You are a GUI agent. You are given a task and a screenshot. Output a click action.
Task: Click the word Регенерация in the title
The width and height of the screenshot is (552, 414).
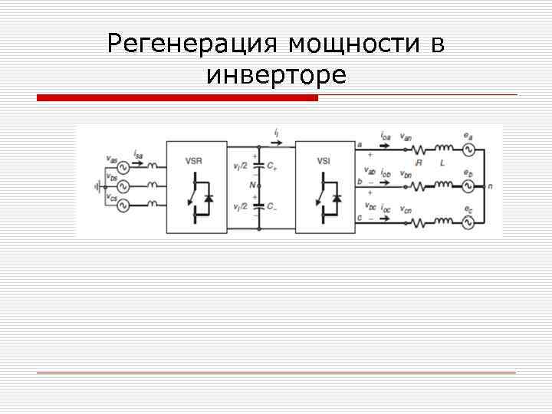(x=194, y=44)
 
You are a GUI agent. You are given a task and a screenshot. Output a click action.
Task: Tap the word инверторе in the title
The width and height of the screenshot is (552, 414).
(x=276, y=75)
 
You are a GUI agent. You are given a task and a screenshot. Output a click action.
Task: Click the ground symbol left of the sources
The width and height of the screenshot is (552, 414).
(x=97, y=185)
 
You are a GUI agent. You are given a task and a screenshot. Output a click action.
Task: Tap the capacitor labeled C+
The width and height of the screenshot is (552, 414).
(x=260, y=165)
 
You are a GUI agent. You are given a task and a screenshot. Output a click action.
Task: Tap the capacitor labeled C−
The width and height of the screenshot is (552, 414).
(x=260, y=206)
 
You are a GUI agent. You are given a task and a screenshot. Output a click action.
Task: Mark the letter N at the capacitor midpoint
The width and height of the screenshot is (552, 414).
(x=251, y=185)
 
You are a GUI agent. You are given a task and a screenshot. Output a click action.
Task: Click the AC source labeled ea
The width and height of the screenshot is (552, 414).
(x=466, y=148)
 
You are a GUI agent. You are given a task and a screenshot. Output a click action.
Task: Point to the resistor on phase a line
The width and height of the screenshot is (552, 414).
(x=420, y=149)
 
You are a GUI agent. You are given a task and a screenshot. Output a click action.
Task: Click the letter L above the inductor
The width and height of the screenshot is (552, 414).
(x=442, y=162)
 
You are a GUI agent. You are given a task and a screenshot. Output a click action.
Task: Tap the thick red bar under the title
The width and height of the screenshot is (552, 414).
(x=177, y=98)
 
